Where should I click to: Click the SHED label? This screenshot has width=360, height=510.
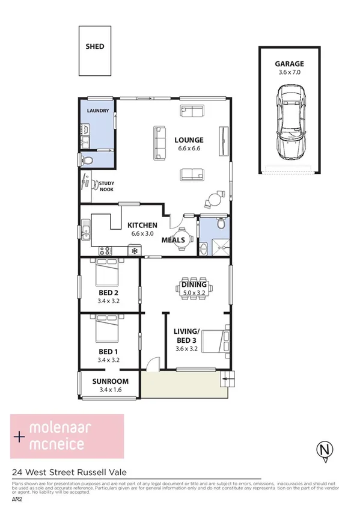coord(95,46)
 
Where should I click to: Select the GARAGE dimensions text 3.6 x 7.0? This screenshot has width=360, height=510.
coord(289,72)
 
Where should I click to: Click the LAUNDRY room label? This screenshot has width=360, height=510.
coord(97,111)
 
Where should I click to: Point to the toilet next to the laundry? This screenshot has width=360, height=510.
coord(86,161)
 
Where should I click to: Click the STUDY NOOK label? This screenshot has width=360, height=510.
coord(107,187)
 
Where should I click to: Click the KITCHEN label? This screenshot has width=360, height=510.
coord(142,225)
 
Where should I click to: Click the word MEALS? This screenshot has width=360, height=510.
coord(173,240)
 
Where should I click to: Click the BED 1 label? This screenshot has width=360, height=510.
coord(109,353)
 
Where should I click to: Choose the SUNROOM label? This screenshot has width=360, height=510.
coord(110,381)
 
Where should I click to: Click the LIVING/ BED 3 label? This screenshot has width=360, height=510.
coord(186,335)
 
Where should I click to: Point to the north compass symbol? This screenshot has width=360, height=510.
coord(325,450)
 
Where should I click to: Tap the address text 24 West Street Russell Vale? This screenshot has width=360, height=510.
coord(68,472)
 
